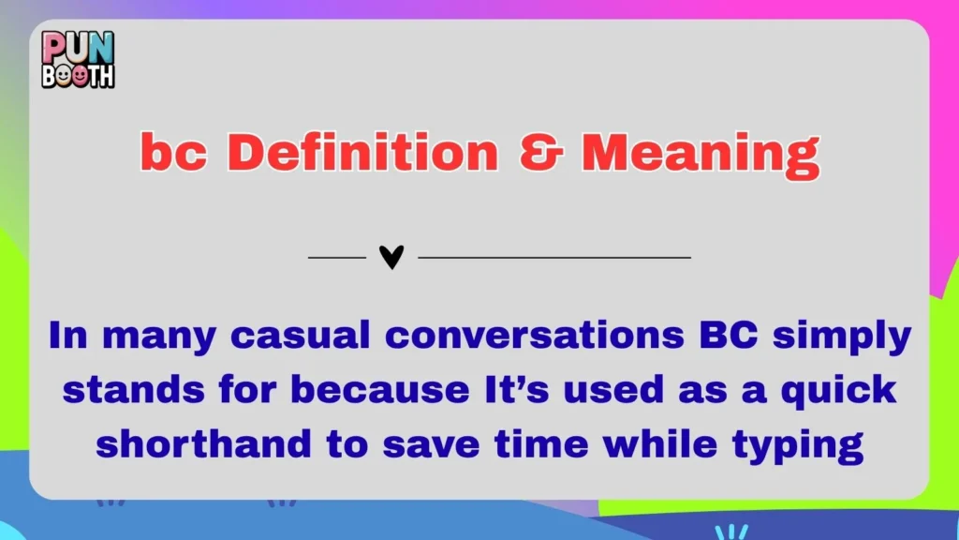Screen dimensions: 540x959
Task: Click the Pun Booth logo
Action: pos(78,59)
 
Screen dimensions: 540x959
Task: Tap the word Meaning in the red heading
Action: pos(700,153)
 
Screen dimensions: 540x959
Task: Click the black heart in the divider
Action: pos(391,257)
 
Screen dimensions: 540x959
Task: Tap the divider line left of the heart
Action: pos(336,257)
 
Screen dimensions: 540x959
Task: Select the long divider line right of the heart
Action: pos(553,257)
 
